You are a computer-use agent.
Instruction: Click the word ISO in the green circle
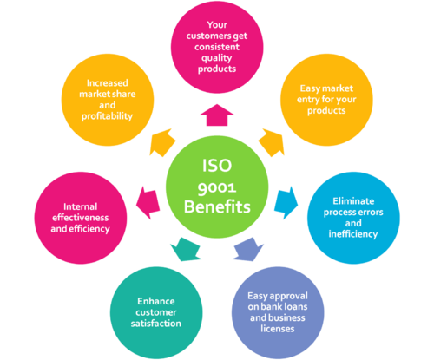click(217, 161)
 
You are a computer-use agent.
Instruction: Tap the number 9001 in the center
click(217, 184)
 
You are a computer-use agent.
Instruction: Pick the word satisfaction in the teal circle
click(149, 324)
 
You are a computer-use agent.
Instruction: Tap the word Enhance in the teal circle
click(150, 301)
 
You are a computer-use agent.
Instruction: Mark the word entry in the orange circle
click(325, 102)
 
